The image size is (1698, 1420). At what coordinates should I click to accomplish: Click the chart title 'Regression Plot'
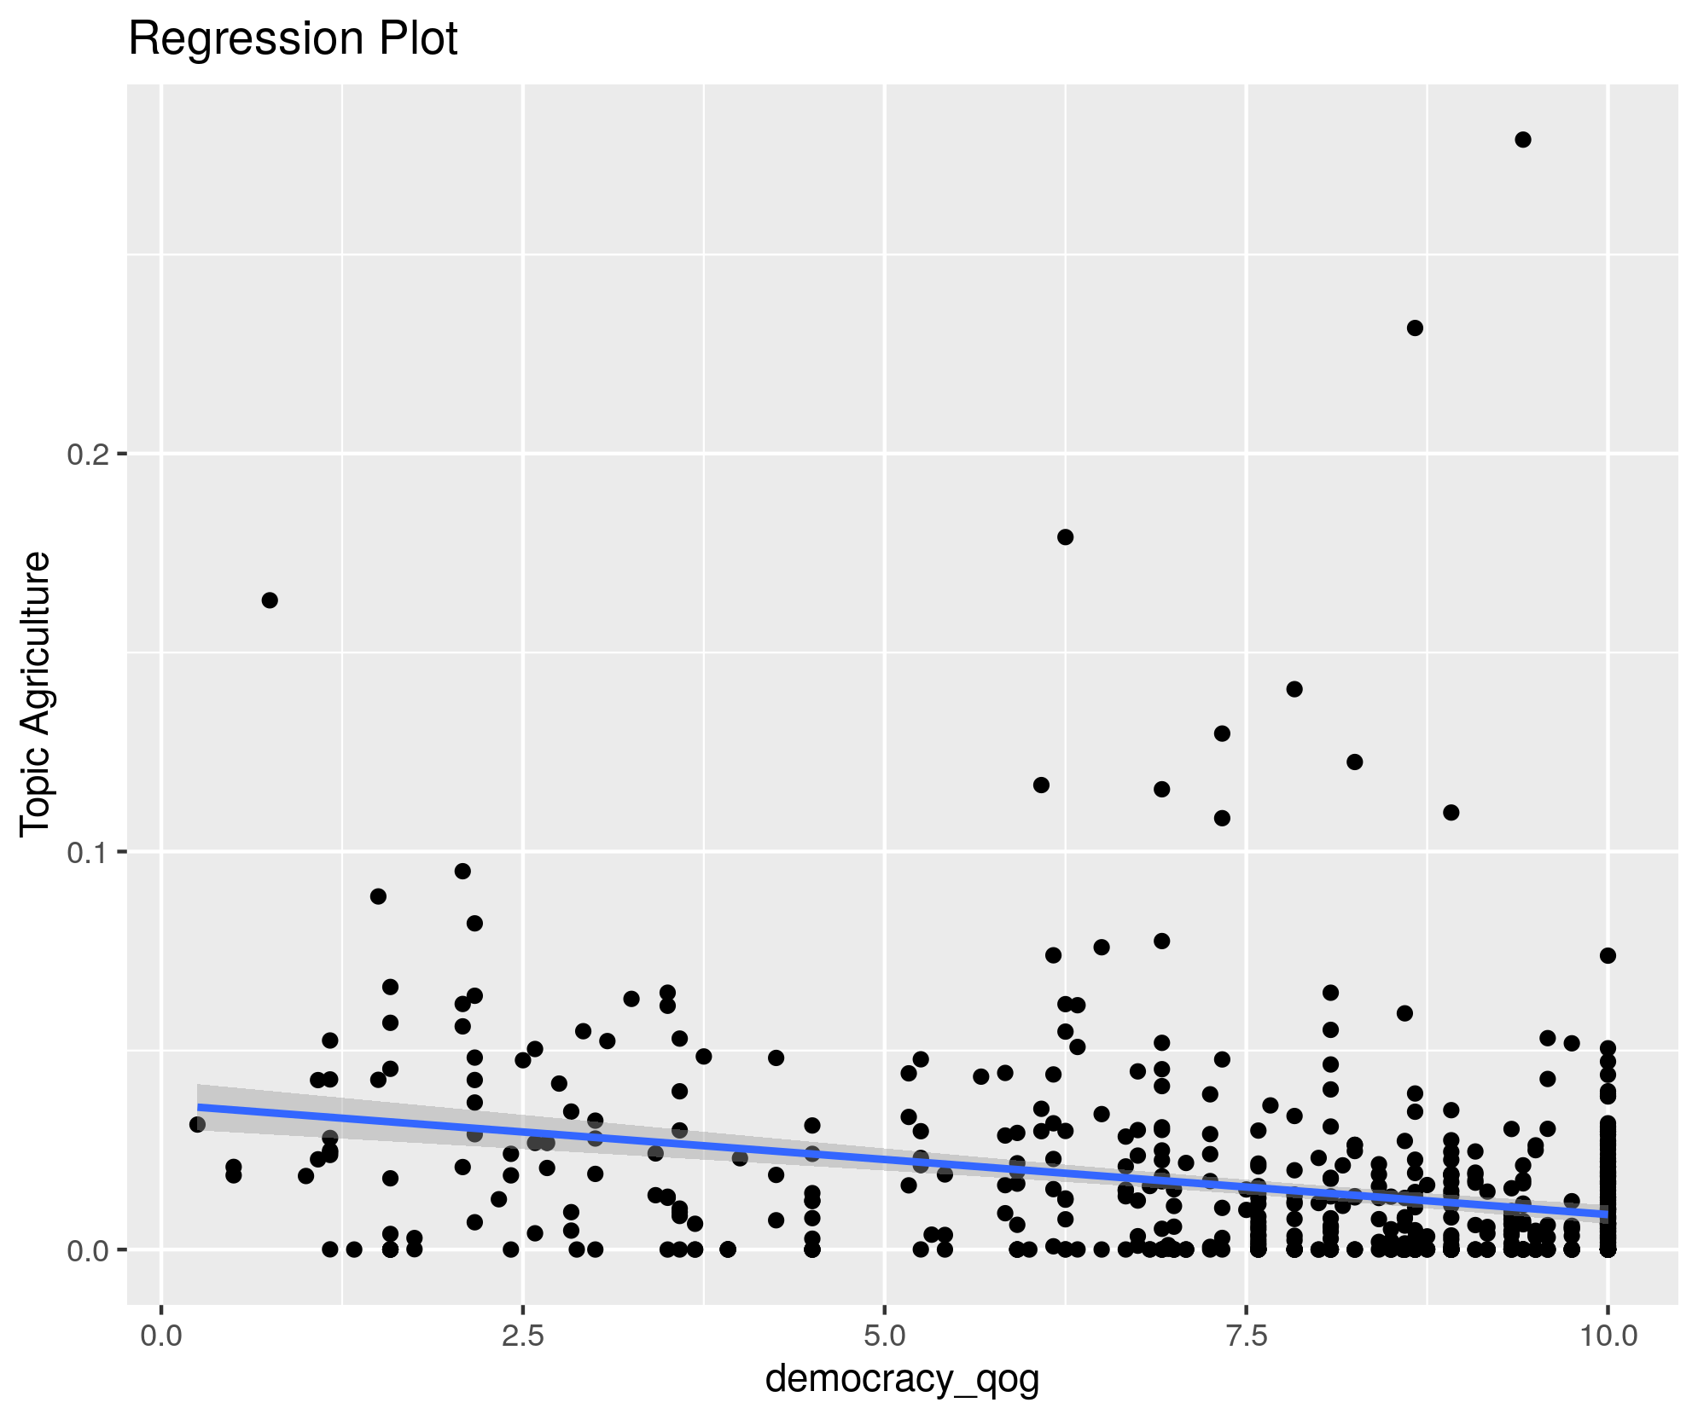293,39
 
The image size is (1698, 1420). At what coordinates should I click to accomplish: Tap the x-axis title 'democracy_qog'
902,1378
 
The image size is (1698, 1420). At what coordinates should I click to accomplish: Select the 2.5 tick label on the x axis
523,1335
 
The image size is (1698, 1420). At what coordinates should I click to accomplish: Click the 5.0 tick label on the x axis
885,1335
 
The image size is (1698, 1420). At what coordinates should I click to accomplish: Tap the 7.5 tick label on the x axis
1247,1335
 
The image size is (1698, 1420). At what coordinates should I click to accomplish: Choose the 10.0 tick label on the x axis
1608,1335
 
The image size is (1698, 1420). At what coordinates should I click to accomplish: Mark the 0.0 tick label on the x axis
161,1335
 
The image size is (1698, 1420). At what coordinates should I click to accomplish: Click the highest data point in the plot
1523,140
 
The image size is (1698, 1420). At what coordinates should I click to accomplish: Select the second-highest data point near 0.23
1415,328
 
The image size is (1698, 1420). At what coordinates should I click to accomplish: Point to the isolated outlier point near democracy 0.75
270,600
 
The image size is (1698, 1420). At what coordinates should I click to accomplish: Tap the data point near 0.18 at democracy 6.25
1065,537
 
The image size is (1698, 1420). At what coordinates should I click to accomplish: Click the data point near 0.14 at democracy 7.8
1294,689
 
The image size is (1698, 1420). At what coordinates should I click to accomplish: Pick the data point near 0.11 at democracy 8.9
1451,813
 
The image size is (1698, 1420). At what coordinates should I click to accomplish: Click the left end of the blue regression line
199,1107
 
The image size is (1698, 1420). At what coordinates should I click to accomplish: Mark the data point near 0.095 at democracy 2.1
462,871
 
